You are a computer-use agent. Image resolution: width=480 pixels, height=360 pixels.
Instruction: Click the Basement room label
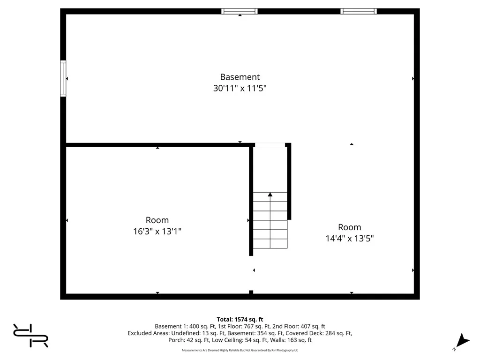pos(240,77)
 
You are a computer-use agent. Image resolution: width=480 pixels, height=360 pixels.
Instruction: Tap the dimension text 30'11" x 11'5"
pos(240,88)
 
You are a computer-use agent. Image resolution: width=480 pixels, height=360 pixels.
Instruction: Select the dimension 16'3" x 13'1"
pos(157,231)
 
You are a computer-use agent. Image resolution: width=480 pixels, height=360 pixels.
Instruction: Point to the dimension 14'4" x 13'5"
pos(349,238)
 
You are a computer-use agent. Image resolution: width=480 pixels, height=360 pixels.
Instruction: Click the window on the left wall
pos(63,78)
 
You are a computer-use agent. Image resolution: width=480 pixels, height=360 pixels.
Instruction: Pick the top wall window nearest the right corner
pos(358,11)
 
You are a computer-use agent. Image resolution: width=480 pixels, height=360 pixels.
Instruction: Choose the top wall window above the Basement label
pos(239,11)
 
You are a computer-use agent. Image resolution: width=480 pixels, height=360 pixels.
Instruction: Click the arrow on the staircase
pos(270,195)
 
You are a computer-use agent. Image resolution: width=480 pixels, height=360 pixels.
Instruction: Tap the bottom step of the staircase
pos(270,243)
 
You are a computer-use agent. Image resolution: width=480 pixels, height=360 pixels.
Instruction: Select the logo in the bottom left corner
pos(30,335)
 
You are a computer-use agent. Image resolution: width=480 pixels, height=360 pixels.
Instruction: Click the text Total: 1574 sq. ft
pos(240,319)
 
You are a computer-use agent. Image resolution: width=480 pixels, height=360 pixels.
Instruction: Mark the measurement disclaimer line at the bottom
pos(240,350)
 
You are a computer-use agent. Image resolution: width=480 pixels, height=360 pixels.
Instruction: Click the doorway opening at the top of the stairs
pos(270,145)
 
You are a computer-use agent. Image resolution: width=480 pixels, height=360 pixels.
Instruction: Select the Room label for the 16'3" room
pos(157,220)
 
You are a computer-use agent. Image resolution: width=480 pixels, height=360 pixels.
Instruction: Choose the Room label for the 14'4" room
pos(349,227)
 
